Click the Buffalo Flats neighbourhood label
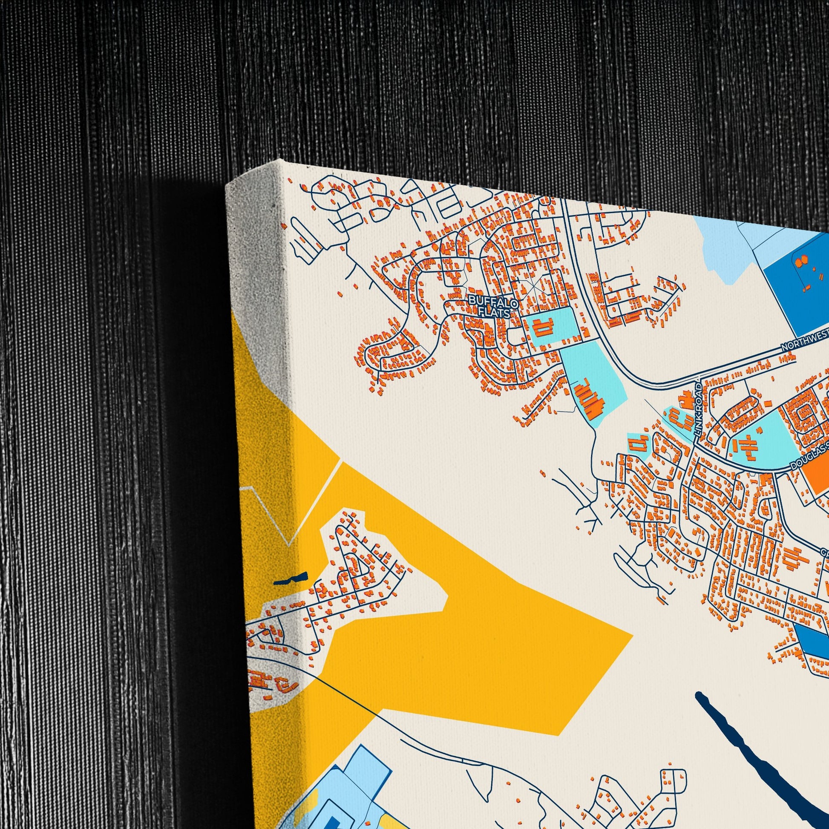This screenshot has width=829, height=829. click(x=493, y=307)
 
